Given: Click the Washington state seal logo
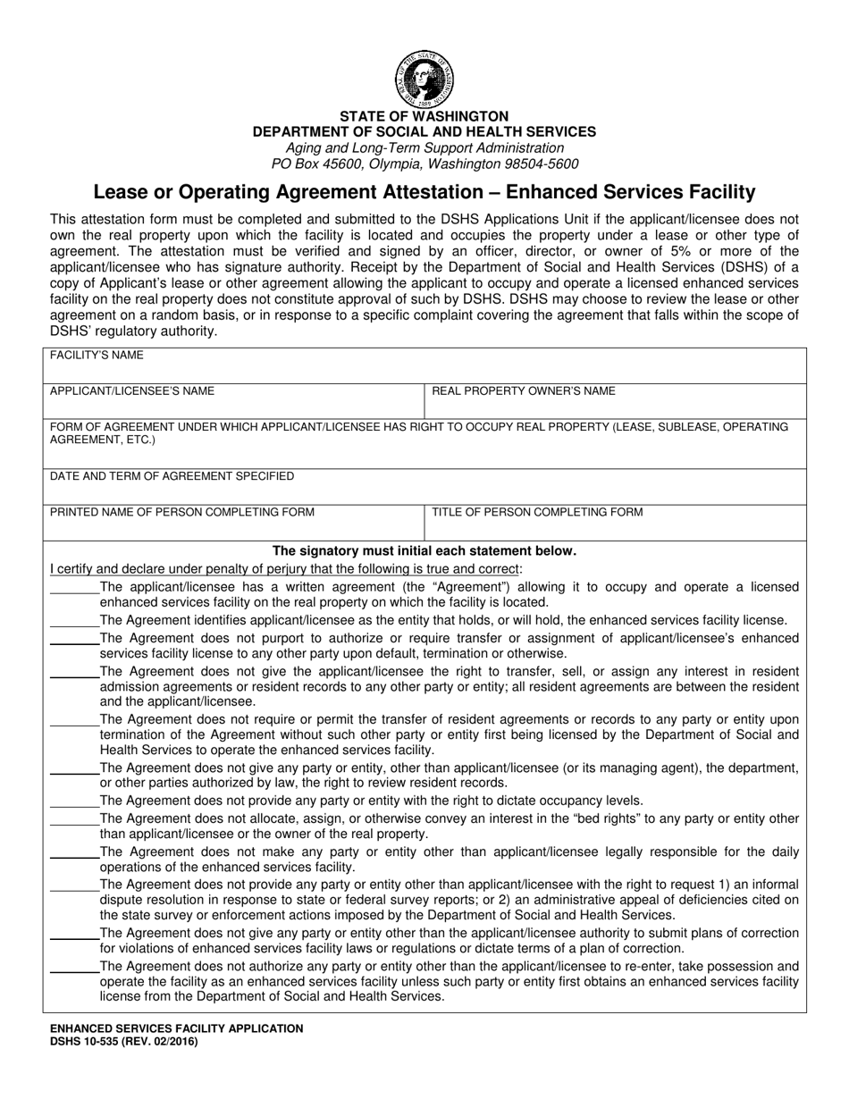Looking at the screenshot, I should [x=424, y=79].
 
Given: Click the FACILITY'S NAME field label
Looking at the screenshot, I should [x=97, y=356].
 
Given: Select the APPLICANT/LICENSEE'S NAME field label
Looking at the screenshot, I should [x=131, y=391].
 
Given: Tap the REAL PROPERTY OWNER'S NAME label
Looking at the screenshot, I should [x=524, y=391].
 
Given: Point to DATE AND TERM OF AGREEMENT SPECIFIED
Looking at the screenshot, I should [x=172, y=476].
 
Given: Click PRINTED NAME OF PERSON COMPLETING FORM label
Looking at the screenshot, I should [x=181, y=512].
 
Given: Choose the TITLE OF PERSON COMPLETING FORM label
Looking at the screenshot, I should [x=537, y=512].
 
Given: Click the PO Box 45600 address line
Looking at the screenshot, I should [x=424, y=164].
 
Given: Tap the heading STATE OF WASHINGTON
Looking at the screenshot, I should [x=424, y=116].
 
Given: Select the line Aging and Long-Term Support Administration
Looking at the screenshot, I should [x=424, y=147].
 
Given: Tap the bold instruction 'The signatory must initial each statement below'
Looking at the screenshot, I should [x=424, y=551].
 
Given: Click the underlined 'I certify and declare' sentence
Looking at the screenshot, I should [x=287, y=568].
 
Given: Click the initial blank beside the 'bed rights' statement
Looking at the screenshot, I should [x=74, y=818].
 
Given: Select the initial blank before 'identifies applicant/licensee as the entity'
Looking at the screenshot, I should [x=74, y=620].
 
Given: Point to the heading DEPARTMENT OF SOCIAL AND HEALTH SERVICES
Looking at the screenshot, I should [x=424, y=131].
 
